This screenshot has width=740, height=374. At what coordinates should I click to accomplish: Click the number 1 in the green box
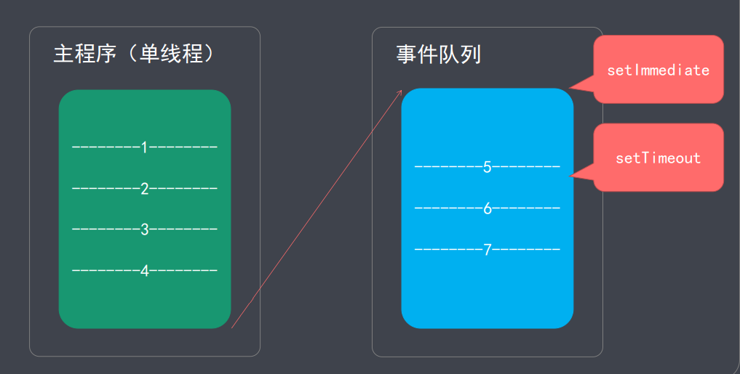tap(144, 147)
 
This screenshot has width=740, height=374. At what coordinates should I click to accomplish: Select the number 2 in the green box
tap(144, 189)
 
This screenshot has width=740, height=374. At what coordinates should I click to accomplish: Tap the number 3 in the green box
tap(144, 229)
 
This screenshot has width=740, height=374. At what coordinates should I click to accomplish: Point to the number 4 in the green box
tap(144, 271)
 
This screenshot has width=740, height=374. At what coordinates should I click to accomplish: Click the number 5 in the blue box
tap(488, 167)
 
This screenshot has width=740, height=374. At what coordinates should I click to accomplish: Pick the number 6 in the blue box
tap(488, 208)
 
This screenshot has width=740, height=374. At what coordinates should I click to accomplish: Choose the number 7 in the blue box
tap(488, 249)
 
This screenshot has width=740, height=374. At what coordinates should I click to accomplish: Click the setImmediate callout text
tap(658, 70)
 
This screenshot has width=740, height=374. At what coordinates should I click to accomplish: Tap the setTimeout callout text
tap(658, 158)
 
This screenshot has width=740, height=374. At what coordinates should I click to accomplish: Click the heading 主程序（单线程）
tap(136, 54)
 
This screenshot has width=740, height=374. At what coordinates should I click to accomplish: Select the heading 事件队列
tap(438, 54)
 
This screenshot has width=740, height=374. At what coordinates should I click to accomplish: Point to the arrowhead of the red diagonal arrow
tap(400, 92)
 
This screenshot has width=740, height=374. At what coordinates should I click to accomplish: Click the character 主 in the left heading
tap(65, 54)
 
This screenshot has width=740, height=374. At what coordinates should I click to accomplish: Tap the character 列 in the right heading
tap(471, 54)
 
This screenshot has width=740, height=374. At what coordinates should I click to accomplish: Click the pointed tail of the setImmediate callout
tap(572, 88)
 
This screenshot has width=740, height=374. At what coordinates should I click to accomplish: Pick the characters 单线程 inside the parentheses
tap(171, 54)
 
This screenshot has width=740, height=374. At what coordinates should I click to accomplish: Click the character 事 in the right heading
tap(407, 54)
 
